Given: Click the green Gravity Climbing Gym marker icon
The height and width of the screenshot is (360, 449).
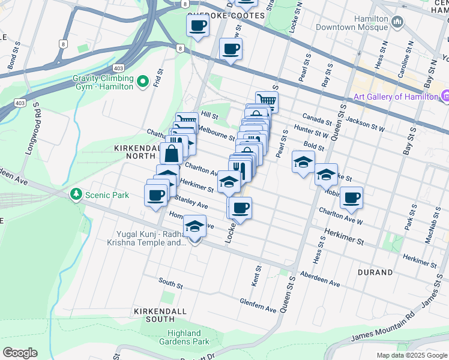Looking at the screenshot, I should pos(142,82).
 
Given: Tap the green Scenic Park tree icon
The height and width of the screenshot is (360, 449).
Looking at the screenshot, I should pos(76,194).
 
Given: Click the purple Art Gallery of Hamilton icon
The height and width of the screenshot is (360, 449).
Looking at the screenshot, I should pos(445,96).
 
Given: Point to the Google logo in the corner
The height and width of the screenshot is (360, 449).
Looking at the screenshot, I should pos(20,353).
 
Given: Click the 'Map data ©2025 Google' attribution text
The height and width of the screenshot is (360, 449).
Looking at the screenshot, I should pos(412,355).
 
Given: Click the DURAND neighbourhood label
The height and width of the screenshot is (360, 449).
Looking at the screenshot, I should pos(376,272).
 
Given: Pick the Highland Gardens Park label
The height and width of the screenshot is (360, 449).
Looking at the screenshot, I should pos(180,337).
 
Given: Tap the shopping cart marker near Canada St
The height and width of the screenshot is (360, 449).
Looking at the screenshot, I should pos(267,101).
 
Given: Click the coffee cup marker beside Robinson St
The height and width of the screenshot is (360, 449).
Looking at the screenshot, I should pos(351,197).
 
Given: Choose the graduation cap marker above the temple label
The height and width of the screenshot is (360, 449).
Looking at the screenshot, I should pos(194,226).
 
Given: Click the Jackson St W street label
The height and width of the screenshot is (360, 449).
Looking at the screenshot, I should pos(366,124).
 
